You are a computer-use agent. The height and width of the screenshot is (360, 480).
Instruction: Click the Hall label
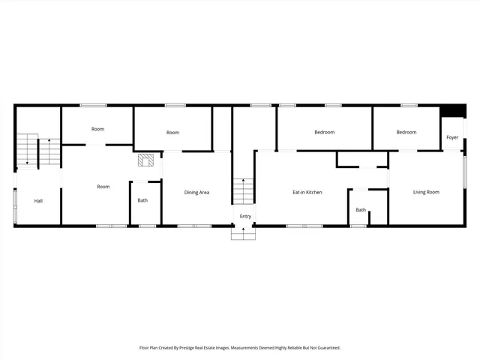tap(38, 201)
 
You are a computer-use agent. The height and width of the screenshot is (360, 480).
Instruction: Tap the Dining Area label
tap(196, 193)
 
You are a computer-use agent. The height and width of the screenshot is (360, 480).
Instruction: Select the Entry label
tap(245, 217)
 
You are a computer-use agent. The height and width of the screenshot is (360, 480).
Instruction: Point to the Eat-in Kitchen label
tap(307, 193)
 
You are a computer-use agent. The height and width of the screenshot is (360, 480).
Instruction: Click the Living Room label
tap(426, 193)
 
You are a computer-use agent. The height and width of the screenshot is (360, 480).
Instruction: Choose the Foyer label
tap(452, 138)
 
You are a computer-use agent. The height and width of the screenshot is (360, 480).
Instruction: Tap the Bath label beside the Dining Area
tap(142, 200)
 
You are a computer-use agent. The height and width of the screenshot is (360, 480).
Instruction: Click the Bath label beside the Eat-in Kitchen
tap(361, 210)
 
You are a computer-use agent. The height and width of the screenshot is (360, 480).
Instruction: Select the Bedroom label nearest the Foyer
tap(406, 133)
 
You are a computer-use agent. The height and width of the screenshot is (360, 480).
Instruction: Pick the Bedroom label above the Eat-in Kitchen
tap(324, 133)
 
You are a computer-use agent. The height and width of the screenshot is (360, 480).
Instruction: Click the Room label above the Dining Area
tap(172, 133)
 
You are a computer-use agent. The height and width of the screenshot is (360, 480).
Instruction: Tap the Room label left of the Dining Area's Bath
tap(103, 187)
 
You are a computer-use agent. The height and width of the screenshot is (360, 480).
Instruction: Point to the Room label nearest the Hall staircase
tap(97, 129)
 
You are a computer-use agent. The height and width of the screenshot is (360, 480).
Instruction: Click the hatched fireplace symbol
tap(145, 160)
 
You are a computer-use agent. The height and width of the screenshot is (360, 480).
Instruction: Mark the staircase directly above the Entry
tap(243, 191)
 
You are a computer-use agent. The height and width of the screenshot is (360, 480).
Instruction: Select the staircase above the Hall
tap(37, 150)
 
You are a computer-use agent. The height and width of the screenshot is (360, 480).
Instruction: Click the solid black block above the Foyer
tap(452, 111)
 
